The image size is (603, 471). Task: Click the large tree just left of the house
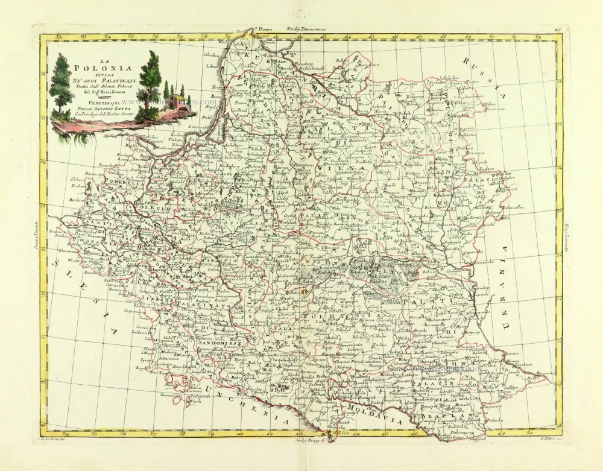(x=149, y=84)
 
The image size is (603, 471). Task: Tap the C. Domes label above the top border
(x=262, y=29)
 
